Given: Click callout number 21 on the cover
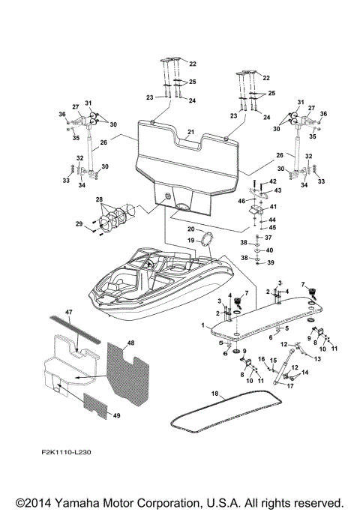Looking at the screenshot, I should pyautogui.click(x=191, y=132).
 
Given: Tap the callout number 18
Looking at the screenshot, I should pyautogui.click(x=214, y=393).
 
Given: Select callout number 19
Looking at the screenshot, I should pyautogui.click(x=192, y=241).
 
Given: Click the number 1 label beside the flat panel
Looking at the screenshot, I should pyautogui.click(x=202, y=325).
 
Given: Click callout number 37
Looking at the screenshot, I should pyautogui.click(x=269, y=237).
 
